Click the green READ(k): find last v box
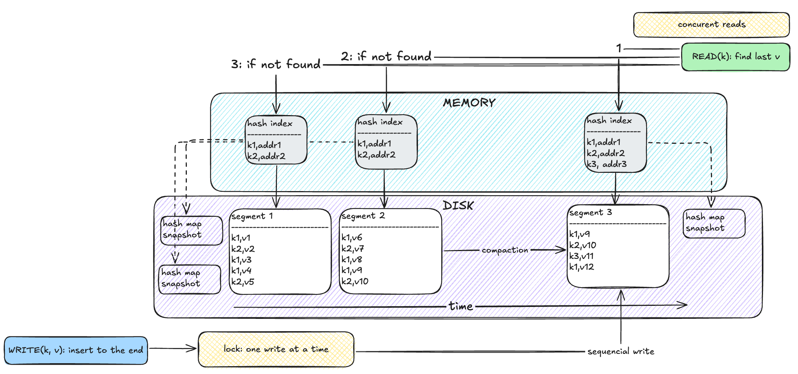click(735, 57)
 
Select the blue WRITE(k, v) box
click(76, 350)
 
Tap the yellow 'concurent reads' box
click(711, 25)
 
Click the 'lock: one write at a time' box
click(276, 349)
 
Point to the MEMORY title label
click(469, 103)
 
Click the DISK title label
click(458, 206)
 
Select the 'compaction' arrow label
click(505, 250)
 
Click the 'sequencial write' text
click(621, 351)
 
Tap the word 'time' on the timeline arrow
click(461, 306)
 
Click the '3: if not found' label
click(276, 64)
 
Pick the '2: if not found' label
click(386, 56)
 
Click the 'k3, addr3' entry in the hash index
click(607, 164)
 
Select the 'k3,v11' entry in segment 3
click(581, 256)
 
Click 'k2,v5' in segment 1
click(243, 282)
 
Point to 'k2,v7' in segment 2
click(352, 248)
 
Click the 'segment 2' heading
click(363, 216)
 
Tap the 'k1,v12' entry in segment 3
click(581, 267)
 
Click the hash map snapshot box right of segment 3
click(714, 224)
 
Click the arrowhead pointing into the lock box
click(192, 349)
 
